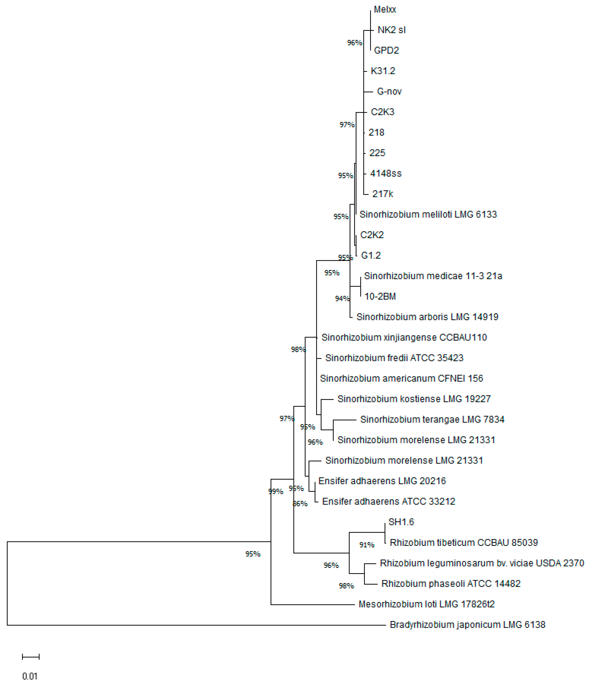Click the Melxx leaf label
pyautogui.click(x=385, y=9)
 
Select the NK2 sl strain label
pyautogui.click(x=391, y=30)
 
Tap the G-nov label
pyautogui.click(x=389, y=92)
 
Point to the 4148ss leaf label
pyautogui.click(x=386, y=174)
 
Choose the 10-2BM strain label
pyautogui.click(x=380, y=296)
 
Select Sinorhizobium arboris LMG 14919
pyautogui.click(x=427, y=317)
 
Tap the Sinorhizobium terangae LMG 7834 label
pyautogui.click(x=432, y=420)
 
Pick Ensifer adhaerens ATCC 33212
pyautogui.click(x=388, y=501)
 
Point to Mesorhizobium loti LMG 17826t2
pyautogui.click(x=426, y=604)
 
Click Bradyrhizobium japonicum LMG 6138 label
pyautogui.click(x=467, y=625)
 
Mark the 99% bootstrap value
pyautogui.click(x=276, y=492)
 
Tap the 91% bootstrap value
pyautogui.click(x=367, y=545)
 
